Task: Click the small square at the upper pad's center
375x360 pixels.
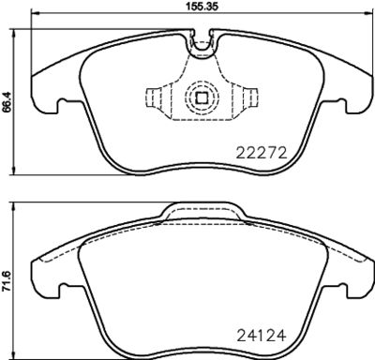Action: pyautogui.click(x=201, y=97)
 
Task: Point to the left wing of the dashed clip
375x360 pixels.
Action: pyautogui.click(x=156, y=98)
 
